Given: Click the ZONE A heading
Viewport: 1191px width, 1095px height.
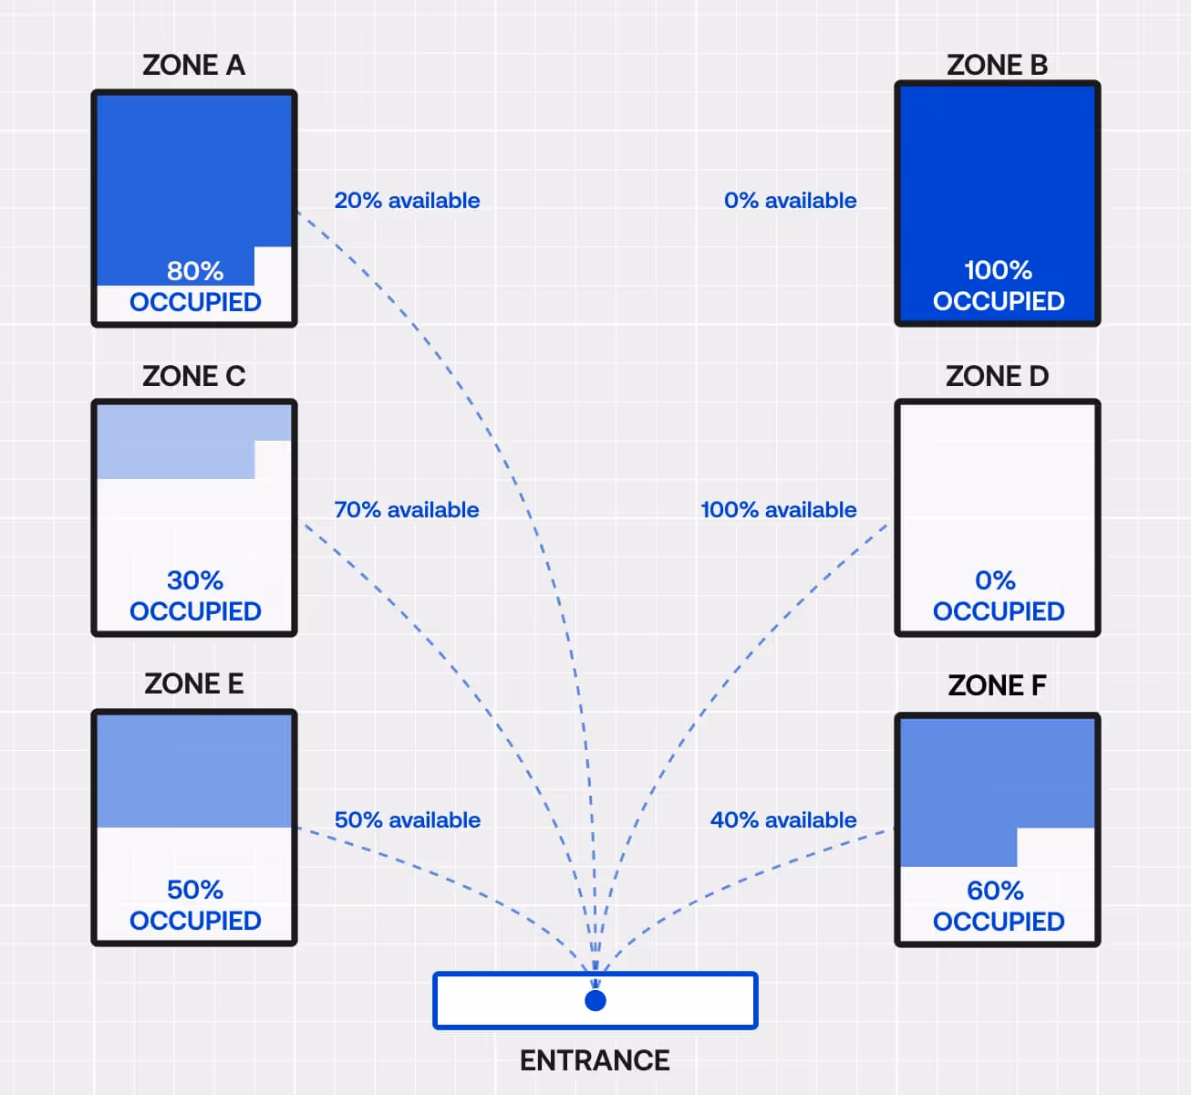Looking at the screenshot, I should click(193, 66).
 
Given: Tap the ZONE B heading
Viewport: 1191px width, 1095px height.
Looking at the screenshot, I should click(997, 66).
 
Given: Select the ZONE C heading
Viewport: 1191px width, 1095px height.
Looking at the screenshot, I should click(193, 376).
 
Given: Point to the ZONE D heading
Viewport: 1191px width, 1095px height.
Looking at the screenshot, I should click(997, 376).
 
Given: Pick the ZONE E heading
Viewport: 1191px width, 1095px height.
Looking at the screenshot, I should click(193, 683).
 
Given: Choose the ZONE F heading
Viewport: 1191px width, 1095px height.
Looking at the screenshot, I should click(997, 685).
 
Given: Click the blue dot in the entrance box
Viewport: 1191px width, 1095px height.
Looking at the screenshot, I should click(595, 1001).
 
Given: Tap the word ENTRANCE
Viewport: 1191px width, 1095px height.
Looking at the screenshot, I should click(595, 1060).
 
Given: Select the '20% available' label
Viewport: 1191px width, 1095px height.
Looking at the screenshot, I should click(407, 201).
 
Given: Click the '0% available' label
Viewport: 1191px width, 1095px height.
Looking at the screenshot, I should click(790, 201).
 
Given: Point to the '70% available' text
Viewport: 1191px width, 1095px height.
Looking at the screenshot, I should click(407, 510).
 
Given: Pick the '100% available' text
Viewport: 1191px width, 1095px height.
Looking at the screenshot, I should click(778, 510).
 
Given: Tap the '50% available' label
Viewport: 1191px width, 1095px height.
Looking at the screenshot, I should click(407, 820).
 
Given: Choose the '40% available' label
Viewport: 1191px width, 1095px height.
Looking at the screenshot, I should click(783, 820).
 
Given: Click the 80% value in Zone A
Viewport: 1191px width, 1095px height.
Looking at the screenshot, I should click(195, 271).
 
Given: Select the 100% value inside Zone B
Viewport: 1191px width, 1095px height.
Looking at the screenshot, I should click(998, 270).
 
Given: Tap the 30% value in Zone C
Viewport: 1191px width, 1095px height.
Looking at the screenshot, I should click(195, 580).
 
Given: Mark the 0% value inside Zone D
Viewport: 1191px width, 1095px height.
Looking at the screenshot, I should click(995, 580).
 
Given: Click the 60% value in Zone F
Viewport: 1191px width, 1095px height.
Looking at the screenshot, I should click(995, 891).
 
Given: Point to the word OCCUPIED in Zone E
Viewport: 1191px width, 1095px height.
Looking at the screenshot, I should click(195, 921).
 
